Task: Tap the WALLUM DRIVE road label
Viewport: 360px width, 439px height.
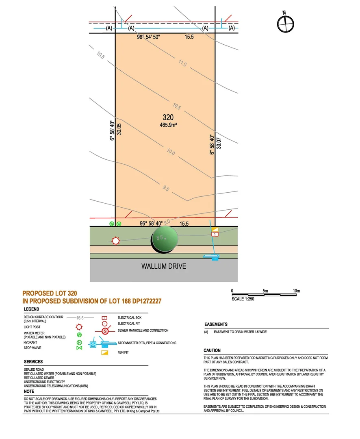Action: tap(164, 267)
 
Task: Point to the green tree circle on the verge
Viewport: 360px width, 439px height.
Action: tap(165, 239)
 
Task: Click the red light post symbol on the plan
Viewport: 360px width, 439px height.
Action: tap(116, 241)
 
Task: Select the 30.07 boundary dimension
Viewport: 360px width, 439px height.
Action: tap(219, 143)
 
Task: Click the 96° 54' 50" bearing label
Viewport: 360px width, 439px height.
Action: tap(149, 37)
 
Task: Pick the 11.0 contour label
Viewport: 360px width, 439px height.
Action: tap(182, 64)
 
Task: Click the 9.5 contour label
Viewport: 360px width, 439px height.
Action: tap(165, 188)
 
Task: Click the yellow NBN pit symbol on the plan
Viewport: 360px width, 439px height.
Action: tap(215, 230)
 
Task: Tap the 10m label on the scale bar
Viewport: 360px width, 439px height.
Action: tap(296, 291)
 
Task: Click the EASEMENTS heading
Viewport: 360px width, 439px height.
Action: tap(216, 324)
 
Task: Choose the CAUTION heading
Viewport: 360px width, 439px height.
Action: tap(212, 350)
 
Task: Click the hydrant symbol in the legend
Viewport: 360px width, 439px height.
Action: tap(80, 342)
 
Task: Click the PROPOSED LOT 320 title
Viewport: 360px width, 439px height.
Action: tap(50, 293)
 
